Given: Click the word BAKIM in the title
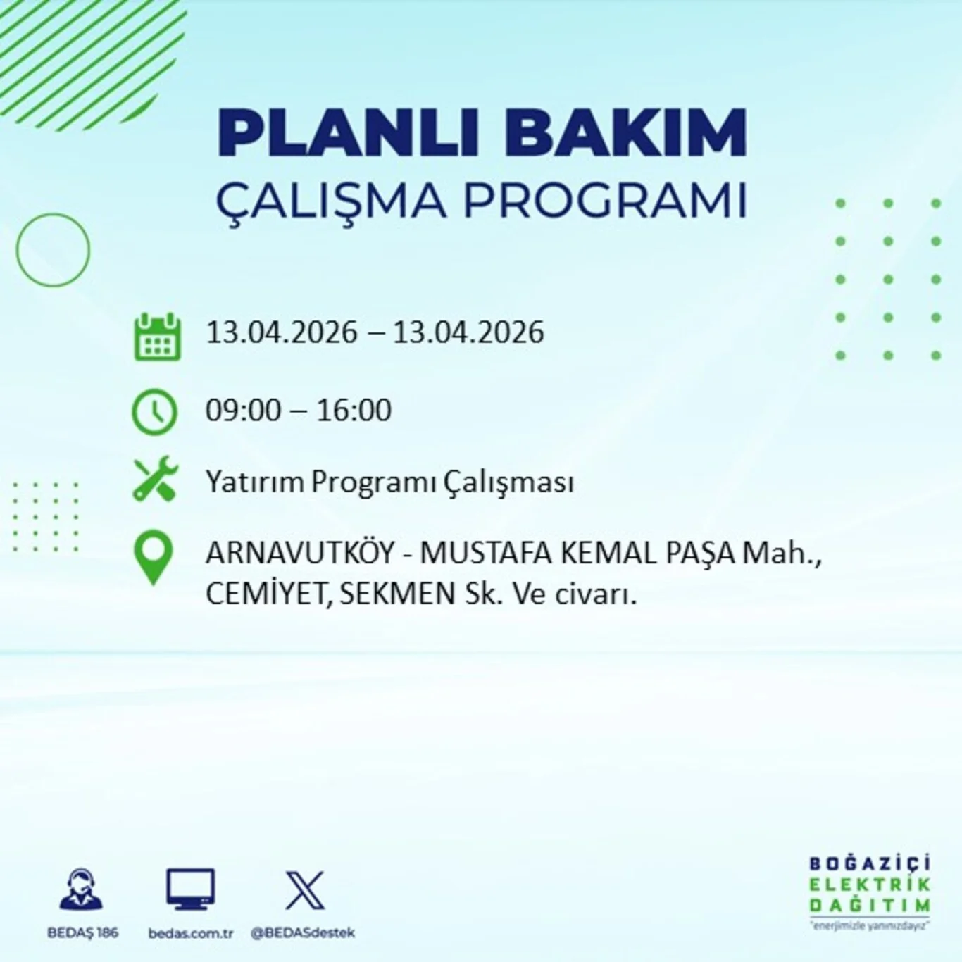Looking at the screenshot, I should click(625, 132).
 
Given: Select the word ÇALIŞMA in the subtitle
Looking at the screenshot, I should click(331, 201).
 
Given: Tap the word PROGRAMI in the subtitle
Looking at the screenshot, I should click(604, 201).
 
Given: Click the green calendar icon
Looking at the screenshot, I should click(157, 337).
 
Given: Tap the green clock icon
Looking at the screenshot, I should click(154, 411).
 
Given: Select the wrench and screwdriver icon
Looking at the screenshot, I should click(156, 479).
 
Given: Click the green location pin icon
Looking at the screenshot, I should click(154, 557).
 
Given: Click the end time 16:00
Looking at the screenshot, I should click(354, 411).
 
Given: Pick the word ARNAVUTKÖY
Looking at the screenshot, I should click(300, 553).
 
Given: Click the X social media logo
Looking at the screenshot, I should click(305, 890).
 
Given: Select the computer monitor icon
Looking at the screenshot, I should click(190, 889).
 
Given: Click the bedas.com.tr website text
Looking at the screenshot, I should click(190, 933).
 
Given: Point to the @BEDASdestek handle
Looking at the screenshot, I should click(303, 933).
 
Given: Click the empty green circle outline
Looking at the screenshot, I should click(53, 250).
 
